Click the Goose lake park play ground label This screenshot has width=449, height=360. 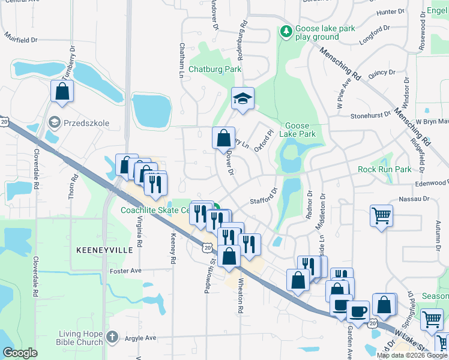[x=325, y=33]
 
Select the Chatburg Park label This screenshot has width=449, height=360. [x=215, y=69]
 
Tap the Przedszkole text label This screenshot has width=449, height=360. [x=88, y=122]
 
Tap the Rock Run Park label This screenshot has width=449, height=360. [x=385, y=170]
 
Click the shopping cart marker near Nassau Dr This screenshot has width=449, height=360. [x=382, y=216]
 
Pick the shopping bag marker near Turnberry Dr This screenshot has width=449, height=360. [x=62, y=92]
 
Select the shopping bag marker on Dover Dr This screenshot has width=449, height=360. [x=223, y=139]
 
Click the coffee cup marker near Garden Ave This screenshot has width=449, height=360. [x=359, y=312]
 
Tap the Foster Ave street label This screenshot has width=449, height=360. [x=125, y=271]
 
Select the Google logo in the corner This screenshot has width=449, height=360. [x=20, y=353]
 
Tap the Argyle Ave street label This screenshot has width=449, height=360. [x=140, y=338]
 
